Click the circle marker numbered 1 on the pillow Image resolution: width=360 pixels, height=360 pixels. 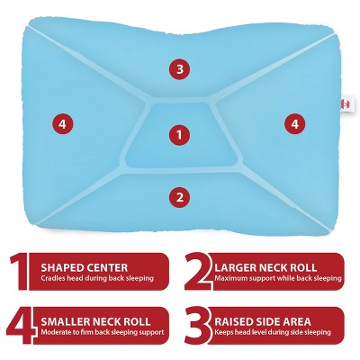[180, 135]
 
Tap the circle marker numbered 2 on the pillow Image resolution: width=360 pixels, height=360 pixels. [180, 196]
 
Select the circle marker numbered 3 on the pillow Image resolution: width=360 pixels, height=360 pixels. [180, 68]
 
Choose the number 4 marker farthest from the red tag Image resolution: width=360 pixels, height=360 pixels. [61, 124]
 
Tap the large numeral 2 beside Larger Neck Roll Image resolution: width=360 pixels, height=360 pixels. [196, 273]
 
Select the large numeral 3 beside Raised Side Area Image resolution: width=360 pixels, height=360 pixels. [196, 327]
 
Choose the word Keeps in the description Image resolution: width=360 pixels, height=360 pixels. [224, 334]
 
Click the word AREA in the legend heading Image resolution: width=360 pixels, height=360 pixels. [323, 320]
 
